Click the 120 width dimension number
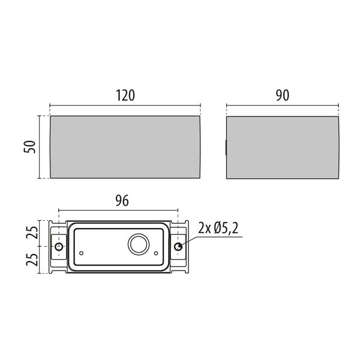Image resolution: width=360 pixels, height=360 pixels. point(125,95)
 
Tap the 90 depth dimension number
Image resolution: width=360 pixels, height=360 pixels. point(283,95)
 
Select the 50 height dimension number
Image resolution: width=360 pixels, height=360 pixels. point(30,147)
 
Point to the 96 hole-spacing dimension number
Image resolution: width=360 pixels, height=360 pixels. point(122,201)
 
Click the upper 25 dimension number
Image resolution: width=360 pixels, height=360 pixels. point(32,233)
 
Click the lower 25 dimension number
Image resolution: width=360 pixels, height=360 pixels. point(32,260)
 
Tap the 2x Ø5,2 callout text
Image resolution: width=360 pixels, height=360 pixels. point(218,228)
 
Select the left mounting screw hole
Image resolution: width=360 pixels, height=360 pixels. point(59,247)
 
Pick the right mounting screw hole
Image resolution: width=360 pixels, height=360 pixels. point(178,247)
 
